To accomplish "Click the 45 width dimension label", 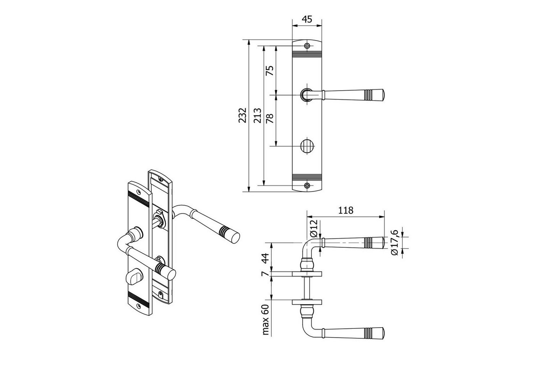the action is pos(307,19).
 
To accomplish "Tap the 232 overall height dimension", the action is pos(242,115).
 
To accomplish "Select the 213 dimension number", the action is pos(258,115).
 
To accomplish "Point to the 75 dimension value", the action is pos(270,70).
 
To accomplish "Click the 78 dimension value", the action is pos(270,118).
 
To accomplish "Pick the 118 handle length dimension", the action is pos(345,211).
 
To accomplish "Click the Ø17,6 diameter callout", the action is pos(394,242).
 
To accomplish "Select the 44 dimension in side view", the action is pos(265,258).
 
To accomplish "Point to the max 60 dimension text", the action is pos(265,320).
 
